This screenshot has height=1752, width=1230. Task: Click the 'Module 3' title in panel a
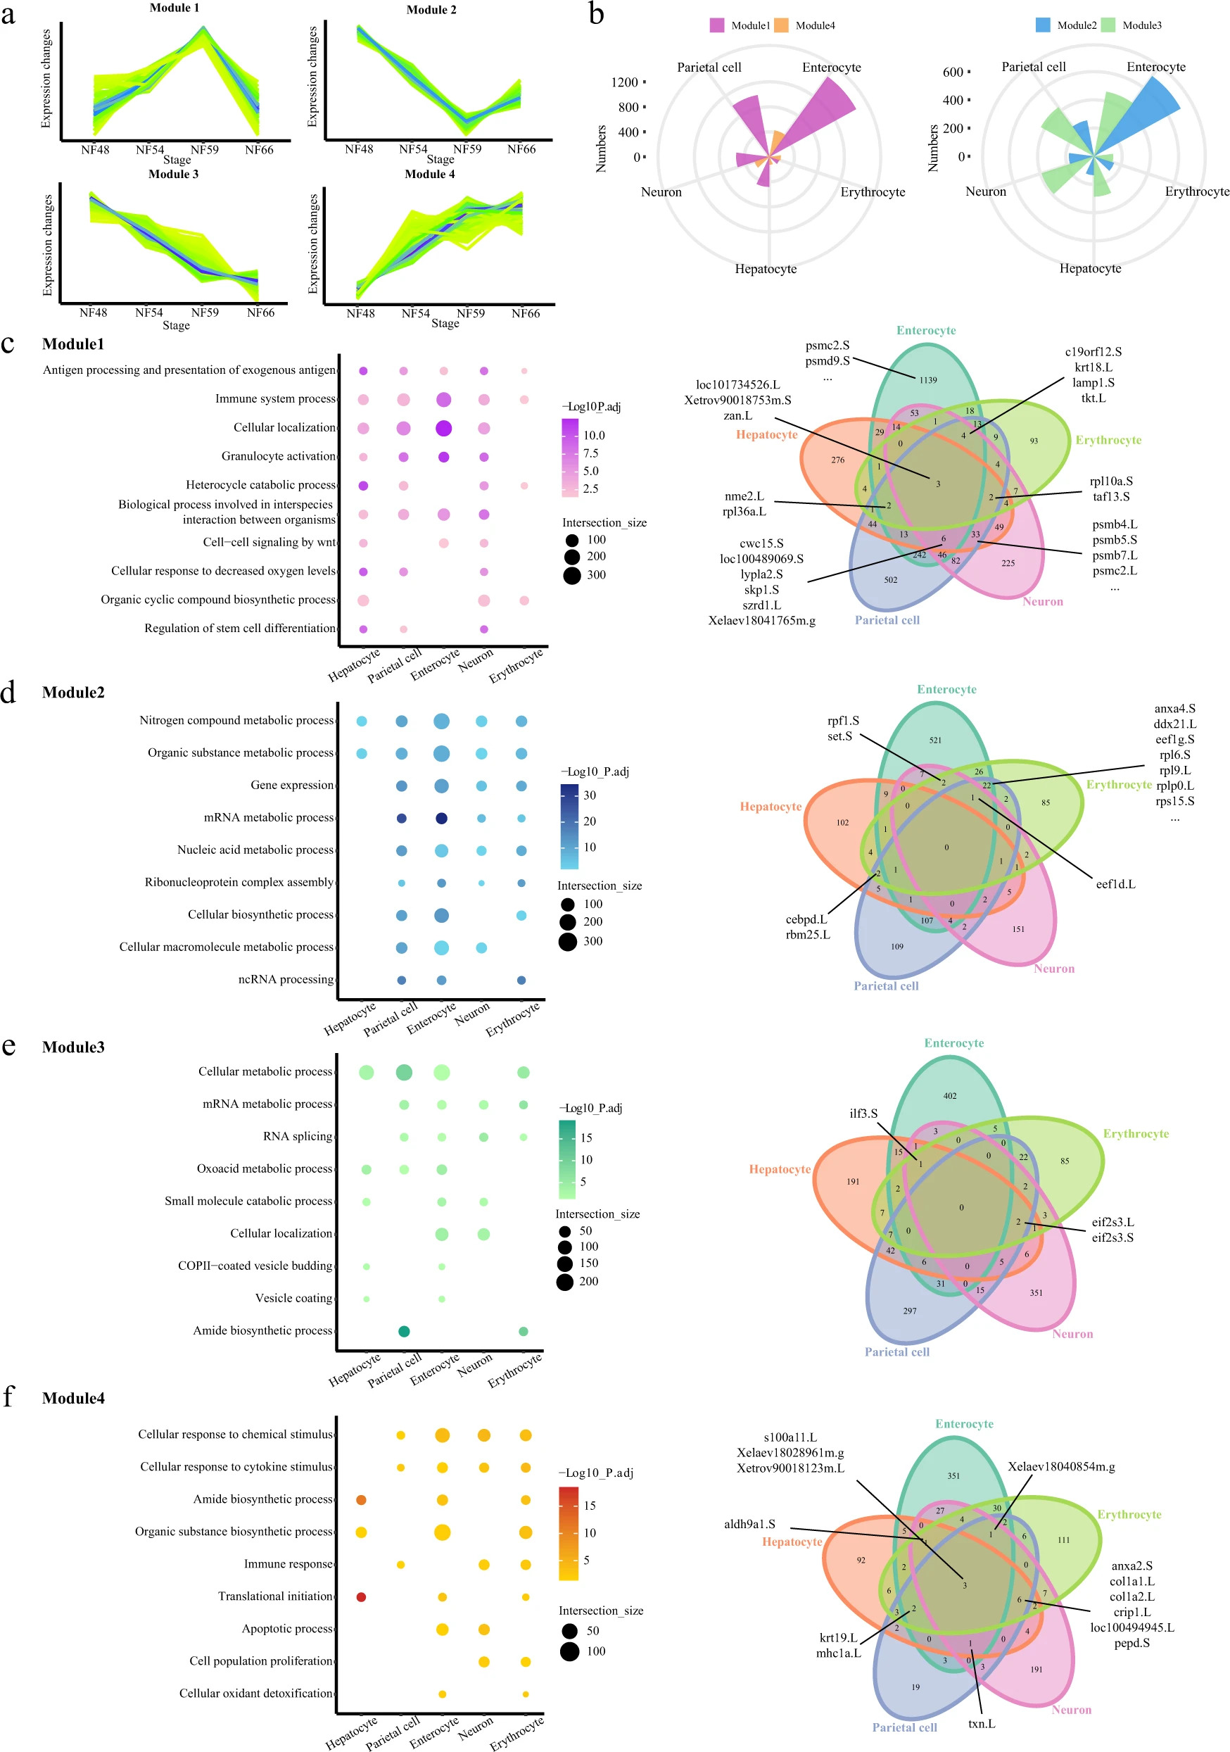click(173, 174)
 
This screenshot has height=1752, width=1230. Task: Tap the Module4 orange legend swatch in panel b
click(780, 25)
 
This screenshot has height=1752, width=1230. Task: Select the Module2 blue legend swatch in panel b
click(1042, 25)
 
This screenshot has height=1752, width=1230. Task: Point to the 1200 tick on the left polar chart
click(624, 82)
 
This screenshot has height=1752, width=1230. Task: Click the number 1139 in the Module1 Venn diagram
click(928, 380)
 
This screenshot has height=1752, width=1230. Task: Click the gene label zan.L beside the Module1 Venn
click(738, 416)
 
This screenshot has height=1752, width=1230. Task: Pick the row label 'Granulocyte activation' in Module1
click(279, 456)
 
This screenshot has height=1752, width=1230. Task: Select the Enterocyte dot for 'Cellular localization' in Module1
click(443, 428)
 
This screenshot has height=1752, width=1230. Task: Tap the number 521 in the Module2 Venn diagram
click(935, 740)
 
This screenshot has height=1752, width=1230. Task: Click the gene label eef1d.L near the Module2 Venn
click(1115, 884)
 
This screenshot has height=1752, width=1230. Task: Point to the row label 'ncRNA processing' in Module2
click(286, 980)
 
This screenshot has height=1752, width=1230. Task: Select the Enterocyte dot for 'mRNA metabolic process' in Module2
click(441, 818)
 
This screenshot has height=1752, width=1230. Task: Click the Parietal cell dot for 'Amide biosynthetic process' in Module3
click(404, 1332)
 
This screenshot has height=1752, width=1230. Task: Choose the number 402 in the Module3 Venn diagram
click(950, 1096)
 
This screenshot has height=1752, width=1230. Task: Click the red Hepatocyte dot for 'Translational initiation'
click(362, 1597)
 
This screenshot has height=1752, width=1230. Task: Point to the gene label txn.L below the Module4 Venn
click(982, 1724)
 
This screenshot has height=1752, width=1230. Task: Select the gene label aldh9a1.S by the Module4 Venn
click(749, 1525)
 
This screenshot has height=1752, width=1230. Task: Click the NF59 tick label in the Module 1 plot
click(205, 149)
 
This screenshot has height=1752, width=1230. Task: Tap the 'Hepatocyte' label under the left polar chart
click(766, 269)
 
